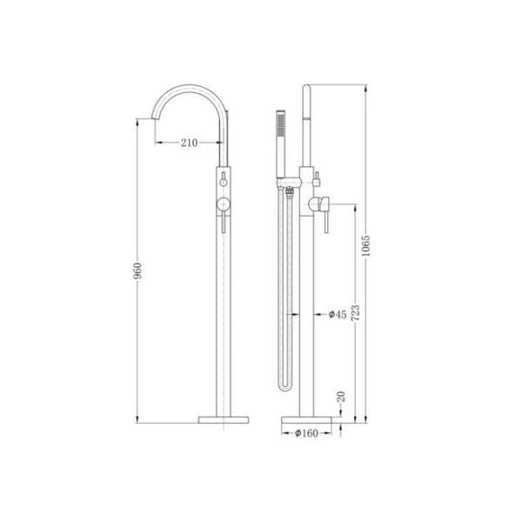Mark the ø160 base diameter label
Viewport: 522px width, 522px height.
(x=307, y=432)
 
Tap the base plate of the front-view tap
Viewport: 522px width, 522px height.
(x=225, y=419)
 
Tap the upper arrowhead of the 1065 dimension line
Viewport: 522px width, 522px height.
(x=365, y=88)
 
